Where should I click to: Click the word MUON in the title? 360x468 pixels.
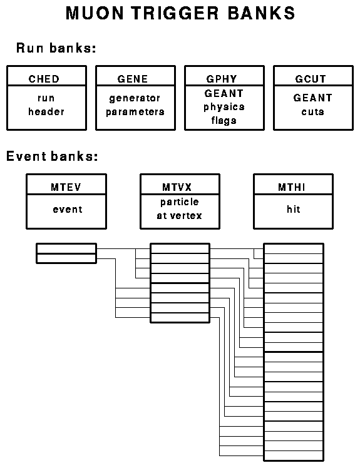[x=95, y=13]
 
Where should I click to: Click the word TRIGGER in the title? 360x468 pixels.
[x=175, y=13]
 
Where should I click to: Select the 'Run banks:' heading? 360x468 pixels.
[x=56, y=48]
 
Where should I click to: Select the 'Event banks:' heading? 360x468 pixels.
[x=52, y=156]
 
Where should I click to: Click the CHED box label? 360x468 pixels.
[x=44, y=79]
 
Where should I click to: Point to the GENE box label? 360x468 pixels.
[x=133, y=79]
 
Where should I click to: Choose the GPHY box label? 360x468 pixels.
[x=222, y=79]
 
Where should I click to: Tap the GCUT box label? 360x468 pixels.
[x=311, y=79]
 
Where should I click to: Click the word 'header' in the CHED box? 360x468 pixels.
[x=46, y=111]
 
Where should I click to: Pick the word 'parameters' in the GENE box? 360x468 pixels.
[x=135, y=112]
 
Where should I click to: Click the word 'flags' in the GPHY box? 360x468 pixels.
[x=224, y=120]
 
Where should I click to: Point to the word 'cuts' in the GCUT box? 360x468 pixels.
[x=313, y=111]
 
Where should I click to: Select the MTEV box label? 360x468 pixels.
[x=66, y=187]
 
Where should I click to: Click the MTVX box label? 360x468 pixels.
[x=177, y=187]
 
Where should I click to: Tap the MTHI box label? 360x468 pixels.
[x=292, y=187]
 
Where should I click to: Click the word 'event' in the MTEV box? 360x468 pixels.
[x=68, y=210]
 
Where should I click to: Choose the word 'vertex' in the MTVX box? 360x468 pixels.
[x=186, y=215]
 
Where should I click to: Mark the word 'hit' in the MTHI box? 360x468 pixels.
[x=294, y=209]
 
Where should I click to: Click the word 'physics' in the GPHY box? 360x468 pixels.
[x=224, y=107]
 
